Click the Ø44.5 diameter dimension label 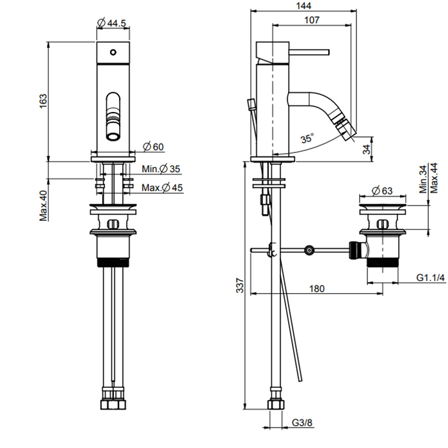pyautogui.click(x=112, y=22)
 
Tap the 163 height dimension pyautogui.click(x=43, y=101)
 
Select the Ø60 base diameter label pyautogui.click(x=153, y=147)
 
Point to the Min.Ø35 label pyautogui.click(x=161, y=169)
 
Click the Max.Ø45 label pyautogui.click(x=162, y=188)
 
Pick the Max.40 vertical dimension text pyautogui.click(x=44, y=205)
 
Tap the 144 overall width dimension pyautogui.click(x=303, y=6)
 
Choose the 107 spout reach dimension pyautogui.click(x=312, y=20)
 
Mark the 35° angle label pyautogui.click(x=307, y=139)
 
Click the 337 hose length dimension pyautogui.click(x=240, y=285)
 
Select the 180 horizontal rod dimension pyautogui.click(x=317, y=289)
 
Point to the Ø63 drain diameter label pyautogui.click(x=382, y=191)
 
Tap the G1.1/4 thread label pyautogui.click(x=431, y=277)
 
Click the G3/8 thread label pyautogui.click(x=302, y=422)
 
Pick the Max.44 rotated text pyautogui.click(x=435, y=179)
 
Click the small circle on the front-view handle pyautogui.click(x=113, y=52)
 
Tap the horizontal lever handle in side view pyautogui.click(x=309, y=52)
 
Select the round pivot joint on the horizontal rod pyautogui.click(x=309, y=250)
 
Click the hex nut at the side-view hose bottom pyautogui.click(x=276, y=404)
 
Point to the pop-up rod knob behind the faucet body pyautogui.click(x=251, y=104)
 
